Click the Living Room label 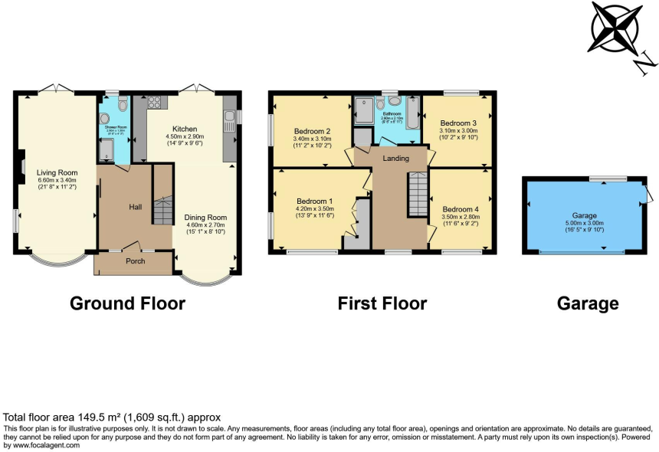53,172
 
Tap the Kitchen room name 185,129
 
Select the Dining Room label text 205,218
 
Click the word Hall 135,206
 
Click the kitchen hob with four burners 152,103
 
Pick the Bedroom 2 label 313,131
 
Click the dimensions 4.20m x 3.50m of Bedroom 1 315,209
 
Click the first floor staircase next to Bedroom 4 417,195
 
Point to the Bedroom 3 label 458,123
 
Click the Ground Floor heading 127,303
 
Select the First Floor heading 382,303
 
